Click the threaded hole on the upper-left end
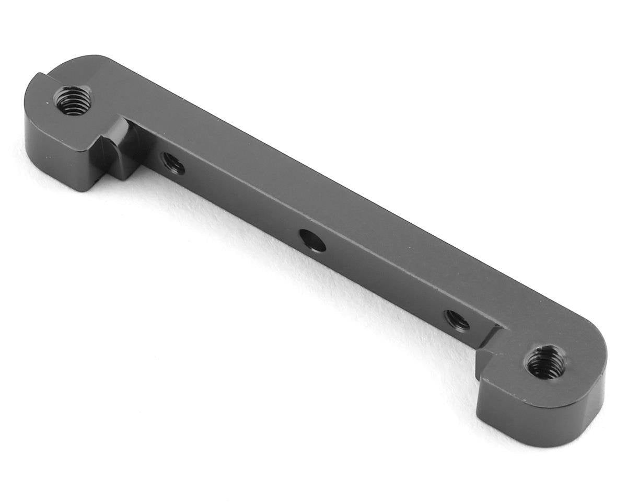pos(73,100)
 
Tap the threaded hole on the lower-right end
pos(545,362)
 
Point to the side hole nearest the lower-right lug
pos(457,320)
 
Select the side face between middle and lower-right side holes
pos(387,282)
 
